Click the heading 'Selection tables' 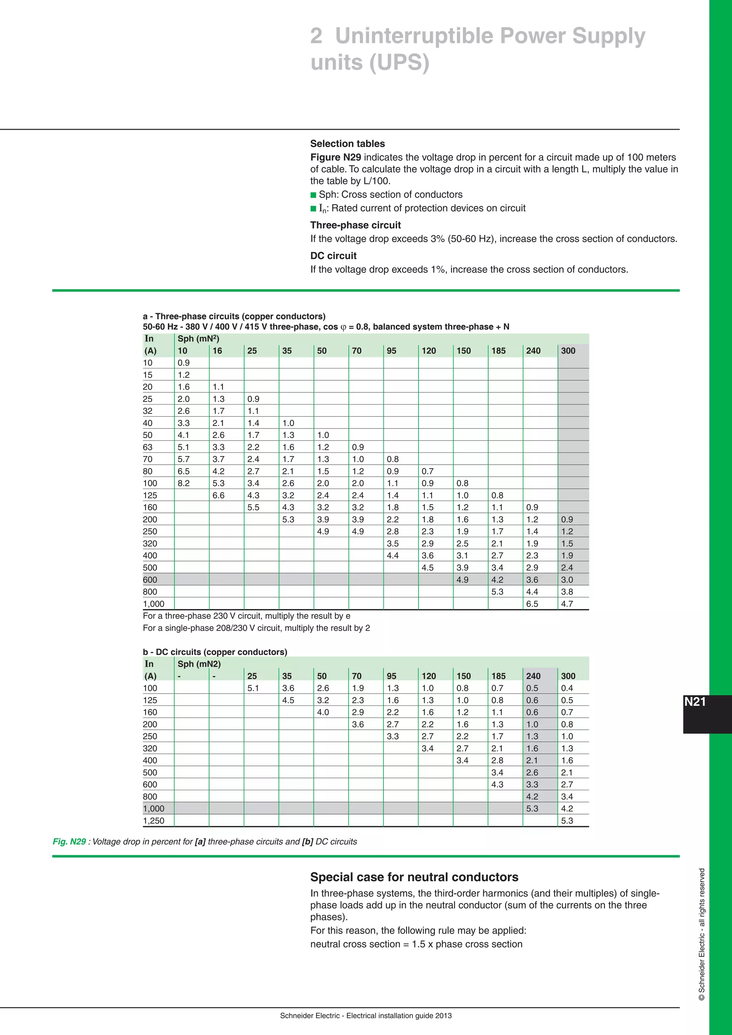tap(347, 144)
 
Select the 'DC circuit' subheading tap(333, 256)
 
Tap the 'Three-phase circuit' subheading tap(355, 225)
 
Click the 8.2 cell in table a tap(183, 483)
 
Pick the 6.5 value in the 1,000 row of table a tap(532, 604)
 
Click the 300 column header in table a tap(568, 351)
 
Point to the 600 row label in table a tap(150, 580)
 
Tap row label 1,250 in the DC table tap(154, 821)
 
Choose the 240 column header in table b tap(533, 676)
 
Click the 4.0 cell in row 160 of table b tap(323, 712)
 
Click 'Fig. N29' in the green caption tap(69, 842)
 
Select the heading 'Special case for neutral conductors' tap(414, 877)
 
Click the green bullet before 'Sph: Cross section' tap(313, 195)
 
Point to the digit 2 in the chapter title tap(316, 36)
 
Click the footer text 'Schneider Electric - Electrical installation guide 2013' tap(366, 1016)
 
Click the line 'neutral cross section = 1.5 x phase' tap(416, 944)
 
